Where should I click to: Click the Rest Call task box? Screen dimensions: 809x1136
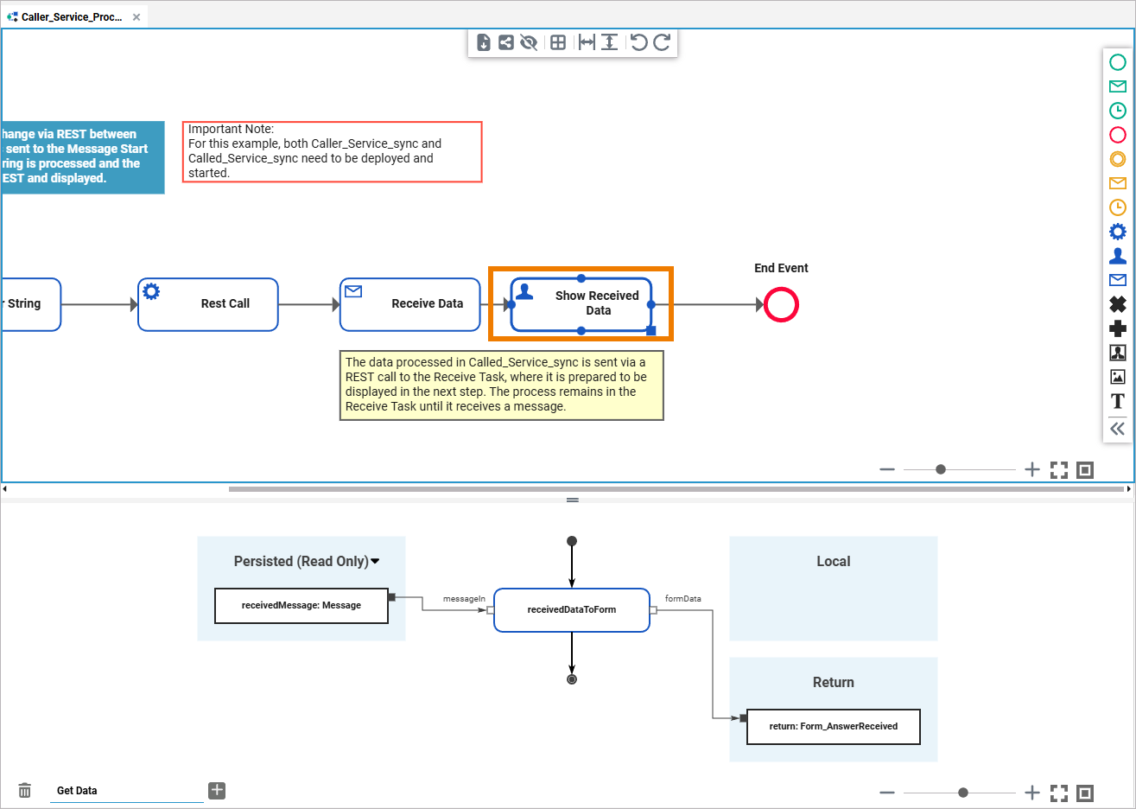208,304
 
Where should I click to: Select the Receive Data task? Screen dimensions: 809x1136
409,304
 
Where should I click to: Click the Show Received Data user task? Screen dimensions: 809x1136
581,304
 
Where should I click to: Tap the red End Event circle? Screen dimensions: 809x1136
781,305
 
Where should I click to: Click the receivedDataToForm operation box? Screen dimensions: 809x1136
571,610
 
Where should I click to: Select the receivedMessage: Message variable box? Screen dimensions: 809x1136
301,606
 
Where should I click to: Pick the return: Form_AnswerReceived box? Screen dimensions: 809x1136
833,727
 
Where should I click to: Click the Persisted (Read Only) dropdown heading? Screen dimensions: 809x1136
306,562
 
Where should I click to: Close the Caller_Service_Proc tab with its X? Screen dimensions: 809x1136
136,17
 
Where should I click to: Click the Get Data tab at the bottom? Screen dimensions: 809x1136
77,791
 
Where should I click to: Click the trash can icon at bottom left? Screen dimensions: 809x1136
25,791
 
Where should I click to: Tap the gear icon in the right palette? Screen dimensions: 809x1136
1118,232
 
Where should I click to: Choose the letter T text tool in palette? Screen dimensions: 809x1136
1118,401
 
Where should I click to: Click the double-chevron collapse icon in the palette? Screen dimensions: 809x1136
1118,429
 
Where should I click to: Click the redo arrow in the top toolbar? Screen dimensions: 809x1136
662,42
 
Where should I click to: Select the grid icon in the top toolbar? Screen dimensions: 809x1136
558,42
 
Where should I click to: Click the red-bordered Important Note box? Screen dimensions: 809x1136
333,152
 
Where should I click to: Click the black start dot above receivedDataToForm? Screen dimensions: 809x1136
572,541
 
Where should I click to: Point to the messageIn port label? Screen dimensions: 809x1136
464,599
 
